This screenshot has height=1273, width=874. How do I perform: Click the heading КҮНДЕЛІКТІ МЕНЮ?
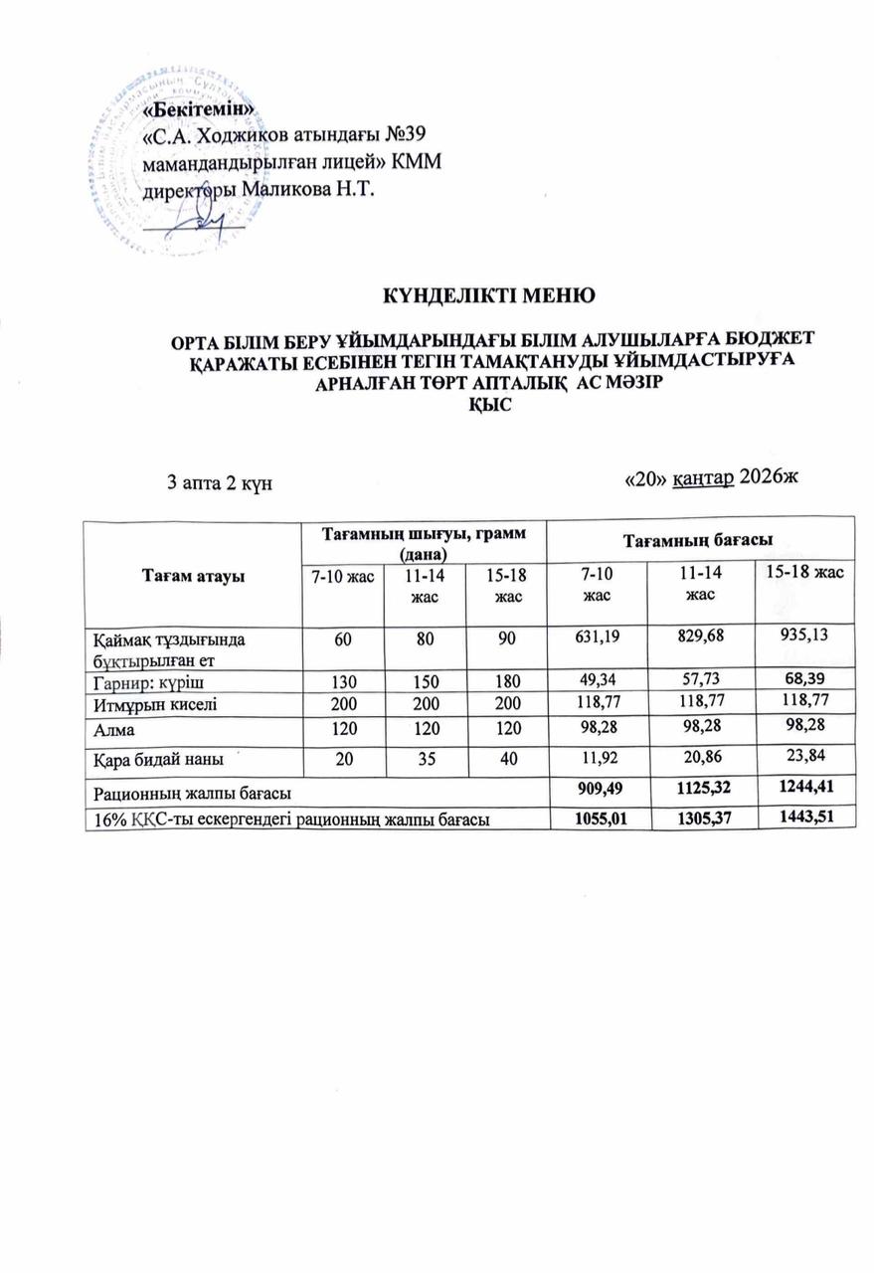tap(489, 295)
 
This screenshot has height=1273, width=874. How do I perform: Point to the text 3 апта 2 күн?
tap(219, 482)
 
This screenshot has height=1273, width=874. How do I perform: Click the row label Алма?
tap(113, 729)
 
